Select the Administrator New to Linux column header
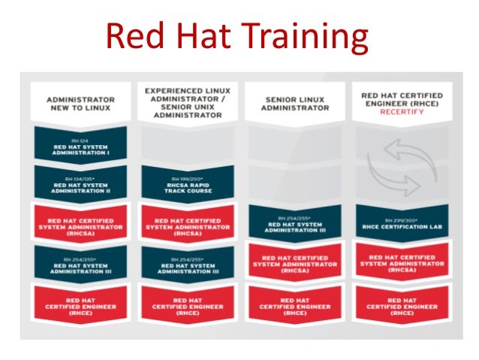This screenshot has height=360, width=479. [x=80, y=103]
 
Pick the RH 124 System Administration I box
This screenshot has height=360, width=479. [x=80, y=144]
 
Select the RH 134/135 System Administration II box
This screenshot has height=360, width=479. [x=80, y=183]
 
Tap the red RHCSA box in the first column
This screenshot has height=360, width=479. [x=80, y=222]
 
